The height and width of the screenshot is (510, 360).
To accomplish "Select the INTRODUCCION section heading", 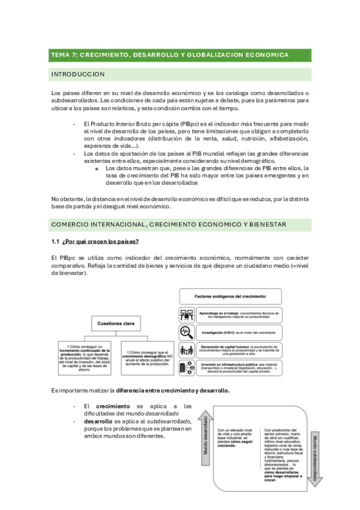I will (79, 75).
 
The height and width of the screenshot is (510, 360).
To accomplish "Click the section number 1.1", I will (56, 241).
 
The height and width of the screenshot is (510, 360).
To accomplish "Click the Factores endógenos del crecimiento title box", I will (239, 296).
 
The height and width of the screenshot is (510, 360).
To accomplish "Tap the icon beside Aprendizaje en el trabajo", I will (187, 315).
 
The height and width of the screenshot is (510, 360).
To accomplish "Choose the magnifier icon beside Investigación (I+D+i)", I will (187, 332).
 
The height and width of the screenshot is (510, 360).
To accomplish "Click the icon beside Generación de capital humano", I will (187, 349).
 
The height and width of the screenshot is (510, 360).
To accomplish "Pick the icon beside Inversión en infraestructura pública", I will (187, 367).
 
